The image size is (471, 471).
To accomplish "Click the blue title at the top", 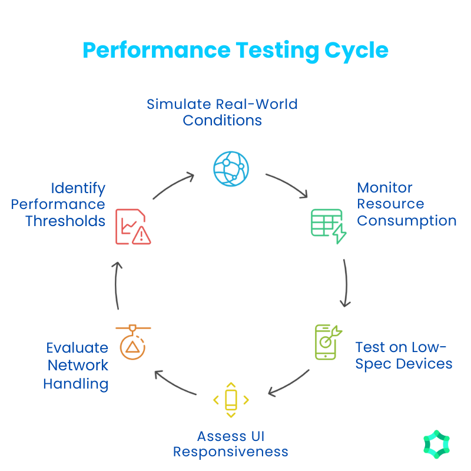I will pos(235,53).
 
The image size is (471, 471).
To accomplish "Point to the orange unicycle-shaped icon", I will pos(132,341).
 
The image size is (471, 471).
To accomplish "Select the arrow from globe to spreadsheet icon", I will pos(288,184).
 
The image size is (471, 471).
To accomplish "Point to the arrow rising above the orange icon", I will pos(118,286).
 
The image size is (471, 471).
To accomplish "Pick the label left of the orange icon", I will pos(77,368).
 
